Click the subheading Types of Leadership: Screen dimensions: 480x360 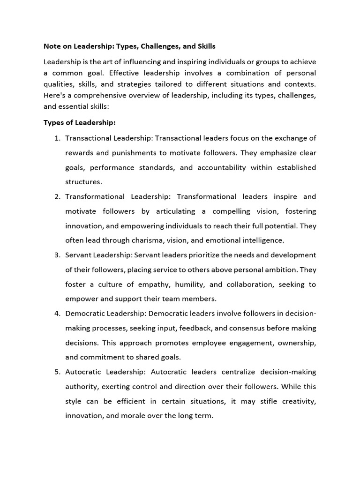pos(79,122)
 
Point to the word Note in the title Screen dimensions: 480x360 pos(52,46)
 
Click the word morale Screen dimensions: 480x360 pos(138,415)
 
